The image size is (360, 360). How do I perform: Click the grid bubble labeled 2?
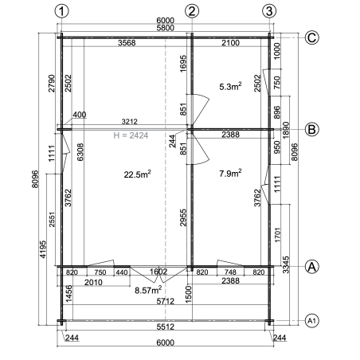(x=192, y=11)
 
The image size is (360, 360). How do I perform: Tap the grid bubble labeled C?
(x=311, y=37)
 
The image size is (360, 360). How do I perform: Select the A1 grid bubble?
(x=311, y=321)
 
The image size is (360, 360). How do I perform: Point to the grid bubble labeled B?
(x=311, y=130)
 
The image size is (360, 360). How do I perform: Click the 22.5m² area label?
(x=138, y=174)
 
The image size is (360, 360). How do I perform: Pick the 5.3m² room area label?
(x=230, y=86)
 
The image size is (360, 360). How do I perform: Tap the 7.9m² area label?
(x=230, y=173)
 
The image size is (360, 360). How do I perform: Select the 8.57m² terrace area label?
(x=148, y=290)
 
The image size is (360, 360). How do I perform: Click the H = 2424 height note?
(x=131, y=135)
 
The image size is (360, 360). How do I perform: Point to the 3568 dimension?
(x=127, y=43)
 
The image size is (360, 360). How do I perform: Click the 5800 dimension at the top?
(x=165, y=28)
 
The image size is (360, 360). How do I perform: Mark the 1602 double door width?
(x=158, y=272)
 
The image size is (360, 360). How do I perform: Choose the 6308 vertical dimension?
(x=80, y=152)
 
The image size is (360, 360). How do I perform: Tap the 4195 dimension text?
(x=43, y=249)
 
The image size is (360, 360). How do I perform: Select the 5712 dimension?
(x=165, y=301)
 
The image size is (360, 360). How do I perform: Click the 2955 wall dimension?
(x=183, y=217)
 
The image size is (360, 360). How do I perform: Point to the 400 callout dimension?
(x=80, y=115)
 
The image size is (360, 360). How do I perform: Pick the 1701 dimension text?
(x=278, y=235)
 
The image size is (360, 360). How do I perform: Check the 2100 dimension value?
(x=230, y=43)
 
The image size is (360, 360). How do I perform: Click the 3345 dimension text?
(x=286, y=264)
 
